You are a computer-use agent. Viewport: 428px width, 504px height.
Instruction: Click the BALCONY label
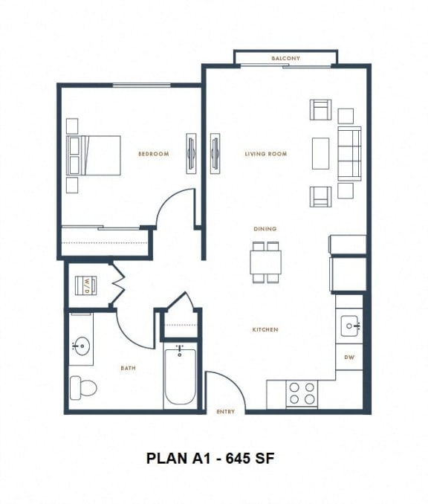[285, 58]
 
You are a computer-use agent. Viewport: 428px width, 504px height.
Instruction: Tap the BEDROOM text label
[154, 154]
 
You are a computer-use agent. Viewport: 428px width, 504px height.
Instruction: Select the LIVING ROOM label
[266, 154]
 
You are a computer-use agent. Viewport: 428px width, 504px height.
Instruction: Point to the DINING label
[265, 229]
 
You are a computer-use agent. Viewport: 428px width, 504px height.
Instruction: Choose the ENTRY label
[225, 411]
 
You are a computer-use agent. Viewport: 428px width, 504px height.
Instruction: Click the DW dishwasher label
[349, 358]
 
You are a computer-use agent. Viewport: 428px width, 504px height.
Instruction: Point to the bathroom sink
[81, 346]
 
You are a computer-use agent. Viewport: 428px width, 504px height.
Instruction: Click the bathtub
[180, 377]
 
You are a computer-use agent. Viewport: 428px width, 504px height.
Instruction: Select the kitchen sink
[350, 325]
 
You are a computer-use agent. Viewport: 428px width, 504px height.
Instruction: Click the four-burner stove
[302, 393]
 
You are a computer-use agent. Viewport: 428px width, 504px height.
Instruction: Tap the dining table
[265, 262]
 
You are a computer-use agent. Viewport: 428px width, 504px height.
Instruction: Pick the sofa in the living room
[349, 154]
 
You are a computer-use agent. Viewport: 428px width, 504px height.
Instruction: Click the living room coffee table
[320, 154]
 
